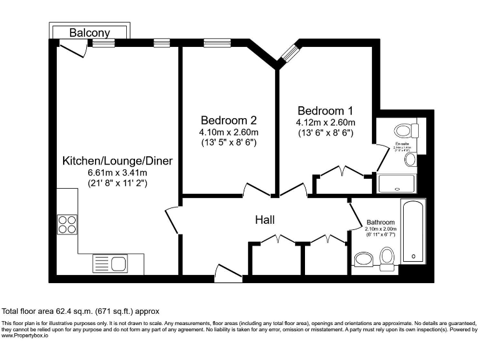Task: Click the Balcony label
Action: coord(90,32)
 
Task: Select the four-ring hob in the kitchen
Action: coord(67,224)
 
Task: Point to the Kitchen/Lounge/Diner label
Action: coord(117,161)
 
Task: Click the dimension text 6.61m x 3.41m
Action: coord(117,173)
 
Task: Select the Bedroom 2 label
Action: coord(228,120)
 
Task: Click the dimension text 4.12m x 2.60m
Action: coord(326,122)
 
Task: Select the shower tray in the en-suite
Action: coord(396,183)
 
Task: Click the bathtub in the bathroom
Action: coord(413,232)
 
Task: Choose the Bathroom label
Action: coord(380,222)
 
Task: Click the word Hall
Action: coord(265,220)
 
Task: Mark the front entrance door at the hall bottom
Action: coord(227,271)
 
